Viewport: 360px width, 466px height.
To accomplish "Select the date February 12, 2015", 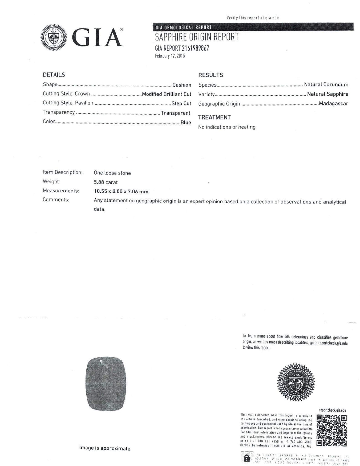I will (x=170, y=56).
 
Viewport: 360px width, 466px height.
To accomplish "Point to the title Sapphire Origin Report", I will (x=197, y=37).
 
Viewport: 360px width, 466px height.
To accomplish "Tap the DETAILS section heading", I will (x=54, y=75).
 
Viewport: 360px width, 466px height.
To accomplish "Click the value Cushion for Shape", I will (x=182, y=85).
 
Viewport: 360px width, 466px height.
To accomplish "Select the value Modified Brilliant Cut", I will (x=167, y=94).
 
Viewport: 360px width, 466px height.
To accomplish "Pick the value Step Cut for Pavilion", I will (x=181, y=103).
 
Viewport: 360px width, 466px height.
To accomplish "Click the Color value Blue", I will (x=186, y=122).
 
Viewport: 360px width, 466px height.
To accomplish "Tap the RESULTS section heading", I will (x=211, y=75).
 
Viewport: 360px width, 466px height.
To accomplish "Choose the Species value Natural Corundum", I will (x=326, y=85).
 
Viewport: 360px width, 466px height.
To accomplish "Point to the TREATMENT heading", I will (x=214, y=117).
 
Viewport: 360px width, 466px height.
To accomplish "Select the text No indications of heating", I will (x=227, y=127).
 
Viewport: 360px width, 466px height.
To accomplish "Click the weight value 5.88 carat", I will (x=106, y=182).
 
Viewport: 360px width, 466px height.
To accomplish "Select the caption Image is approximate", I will (x=105, y=448).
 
